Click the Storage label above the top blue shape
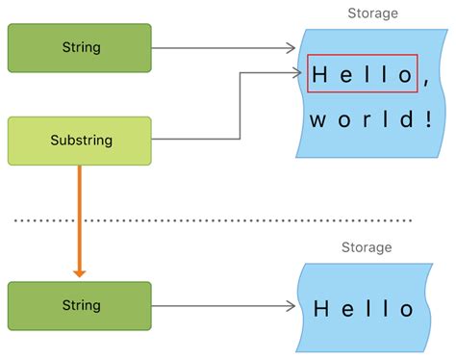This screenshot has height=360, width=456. pyautogui.click(x=371, y=13)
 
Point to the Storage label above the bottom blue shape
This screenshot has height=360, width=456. pyautogui.click(x=367, y=247)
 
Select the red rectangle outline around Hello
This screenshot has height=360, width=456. pyautogui.click(x=362, y=57)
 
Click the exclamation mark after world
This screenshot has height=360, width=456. pyautogui.click(x=426, y=120)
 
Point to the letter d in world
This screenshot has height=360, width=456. pyautogui.click(x=402, y=120)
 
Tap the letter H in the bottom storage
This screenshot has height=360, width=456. pyautogui.click(x=321, y=309)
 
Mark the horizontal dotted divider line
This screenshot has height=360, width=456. pyautogui.click(x=212, y=220)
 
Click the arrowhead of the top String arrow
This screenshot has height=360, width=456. pyautogui.click(x=289, y=47)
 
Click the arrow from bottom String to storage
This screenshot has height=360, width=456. pyautogui.click(x=221, y=306)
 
